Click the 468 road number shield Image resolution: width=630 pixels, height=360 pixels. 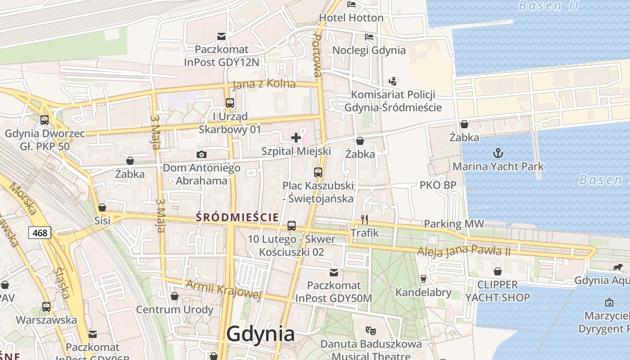pyautogui.click(x=40, y=233)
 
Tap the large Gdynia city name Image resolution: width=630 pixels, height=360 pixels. pyautogui.click(x=261, y=334)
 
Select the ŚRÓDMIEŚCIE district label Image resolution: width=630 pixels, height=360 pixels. pyautogui.click(x=238, y=217)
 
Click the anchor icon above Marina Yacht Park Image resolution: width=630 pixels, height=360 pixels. pyautogui.click(x=498, y=153)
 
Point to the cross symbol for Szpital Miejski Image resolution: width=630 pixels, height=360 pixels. pyautogui.click(x=296, y=138)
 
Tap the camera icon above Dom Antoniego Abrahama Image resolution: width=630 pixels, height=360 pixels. pyautogui.click(x=202, y=155)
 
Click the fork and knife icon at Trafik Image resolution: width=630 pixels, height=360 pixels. pyautogui.click(x=364, y=220)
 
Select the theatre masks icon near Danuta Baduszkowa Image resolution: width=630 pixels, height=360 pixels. pyautogui.click(x=371, y=331)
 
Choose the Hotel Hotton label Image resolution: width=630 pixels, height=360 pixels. pyautogui.click(x=351, y=18)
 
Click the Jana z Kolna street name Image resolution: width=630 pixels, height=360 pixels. pyautogui.click(x=264, y=84)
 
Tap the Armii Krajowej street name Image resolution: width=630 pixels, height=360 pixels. pyautogui.click(x=223, y=288)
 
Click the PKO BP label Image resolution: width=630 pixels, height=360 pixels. pyautogui.click(x=438, y=185)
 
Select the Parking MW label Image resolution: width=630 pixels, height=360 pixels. pyautogui.click(x=454, y=224)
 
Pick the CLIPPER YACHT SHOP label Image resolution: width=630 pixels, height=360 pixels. pyautogui.click(x=497, y=291)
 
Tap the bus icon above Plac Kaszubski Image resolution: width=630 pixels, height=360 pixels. pyautogui.click(x=318, y=172)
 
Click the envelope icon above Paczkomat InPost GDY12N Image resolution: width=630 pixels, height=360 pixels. pyautogui.click(x=221, y=36)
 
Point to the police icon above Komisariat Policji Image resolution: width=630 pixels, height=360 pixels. pyautogui.click(x=393, y=81)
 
